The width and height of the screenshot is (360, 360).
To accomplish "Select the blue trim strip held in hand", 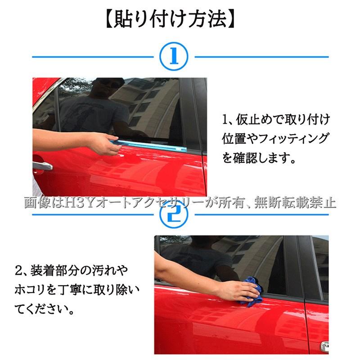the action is (x=149, y=146).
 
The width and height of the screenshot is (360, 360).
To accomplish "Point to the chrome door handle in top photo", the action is (x=42, y=166).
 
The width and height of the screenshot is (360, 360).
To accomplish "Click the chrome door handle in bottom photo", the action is (x=324, y=346).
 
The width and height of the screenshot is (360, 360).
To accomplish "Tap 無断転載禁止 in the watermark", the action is (x=295, y=203).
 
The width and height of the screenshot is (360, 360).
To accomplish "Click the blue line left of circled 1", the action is (x=93, y=57).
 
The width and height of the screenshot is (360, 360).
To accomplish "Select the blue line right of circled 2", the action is (x=262, y=215).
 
